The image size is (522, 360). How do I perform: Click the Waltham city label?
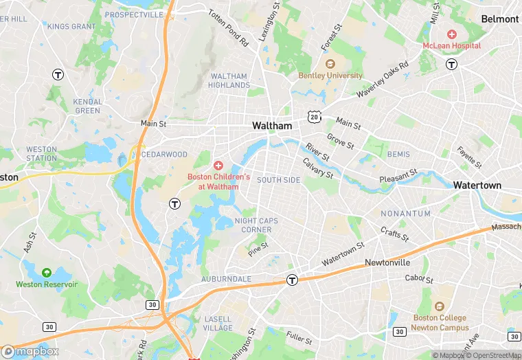point(272,126)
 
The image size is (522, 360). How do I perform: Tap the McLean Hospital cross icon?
point(452,34)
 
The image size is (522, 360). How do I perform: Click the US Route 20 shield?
point(314,117)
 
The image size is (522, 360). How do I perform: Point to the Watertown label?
point(477,185)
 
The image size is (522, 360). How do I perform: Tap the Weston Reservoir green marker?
point(47,273)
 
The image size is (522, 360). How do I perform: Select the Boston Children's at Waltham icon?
point(218,166)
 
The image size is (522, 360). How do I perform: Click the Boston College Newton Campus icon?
point(439,306)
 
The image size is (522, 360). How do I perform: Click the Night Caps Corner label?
point(253,225)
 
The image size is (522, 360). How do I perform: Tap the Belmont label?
point(499,19)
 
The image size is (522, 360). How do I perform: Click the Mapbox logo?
point(30,351)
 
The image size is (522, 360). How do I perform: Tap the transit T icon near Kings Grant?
point(58,75)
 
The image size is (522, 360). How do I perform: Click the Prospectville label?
point(135,14)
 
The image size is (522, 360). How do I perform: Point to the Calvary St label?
point(318,168)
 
